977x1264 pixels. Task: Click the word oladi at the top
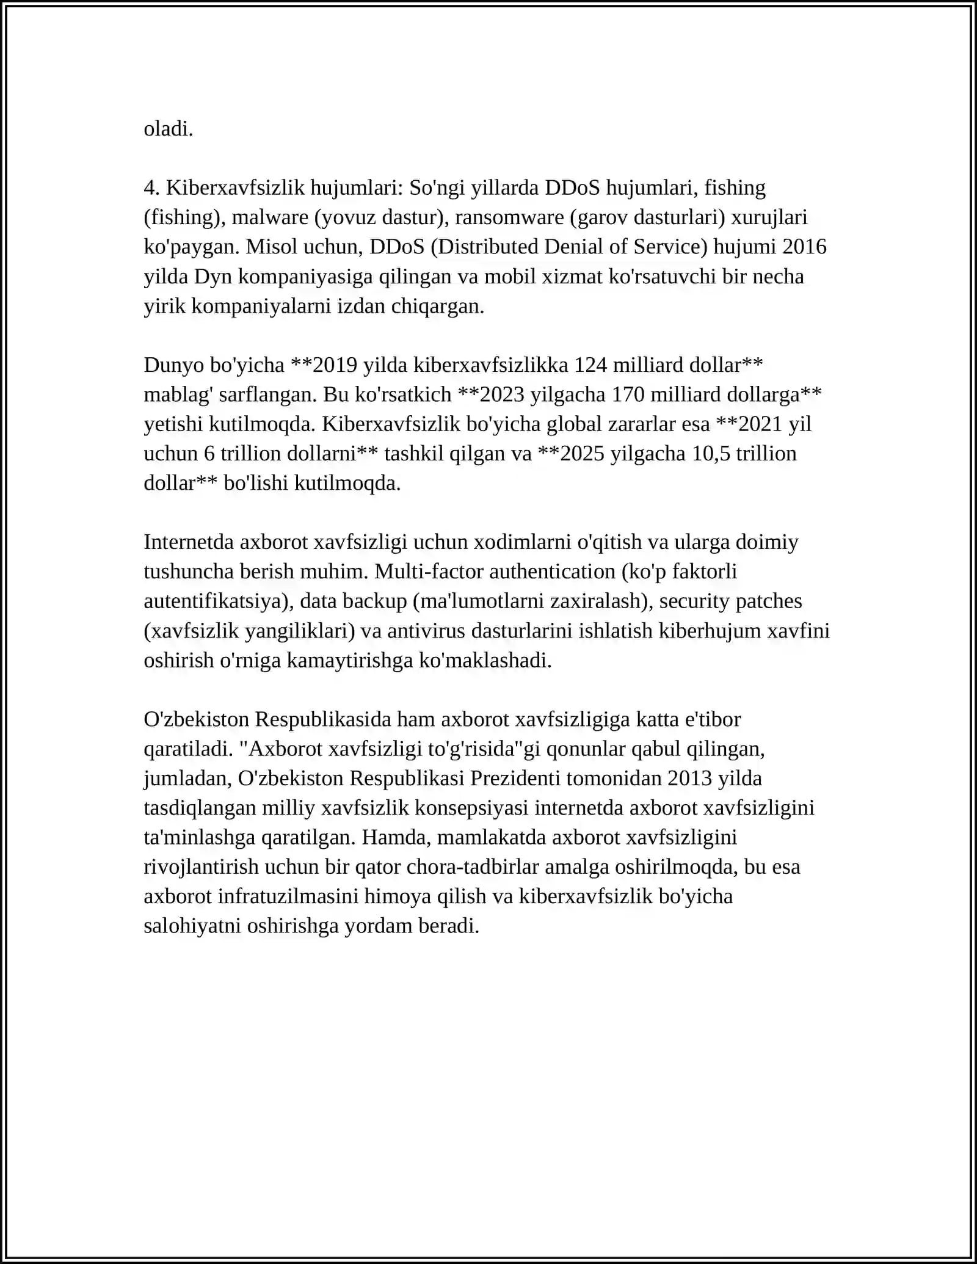coord(168,129)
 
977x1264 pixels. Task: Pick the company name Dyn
coord(213,277)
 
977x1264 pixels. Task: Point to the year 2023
coord(502,394)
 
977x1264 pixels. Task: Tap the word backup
coord(374,601)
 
